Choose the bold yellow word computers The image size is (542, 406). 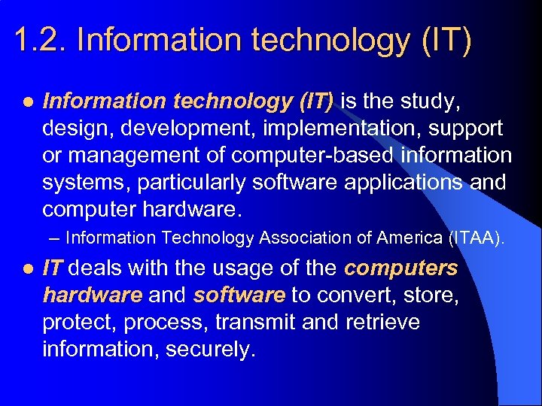point(401,268)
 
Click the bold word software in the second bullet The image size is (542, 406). point(239,295)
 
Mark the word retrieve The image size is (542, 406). point(382,323)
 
